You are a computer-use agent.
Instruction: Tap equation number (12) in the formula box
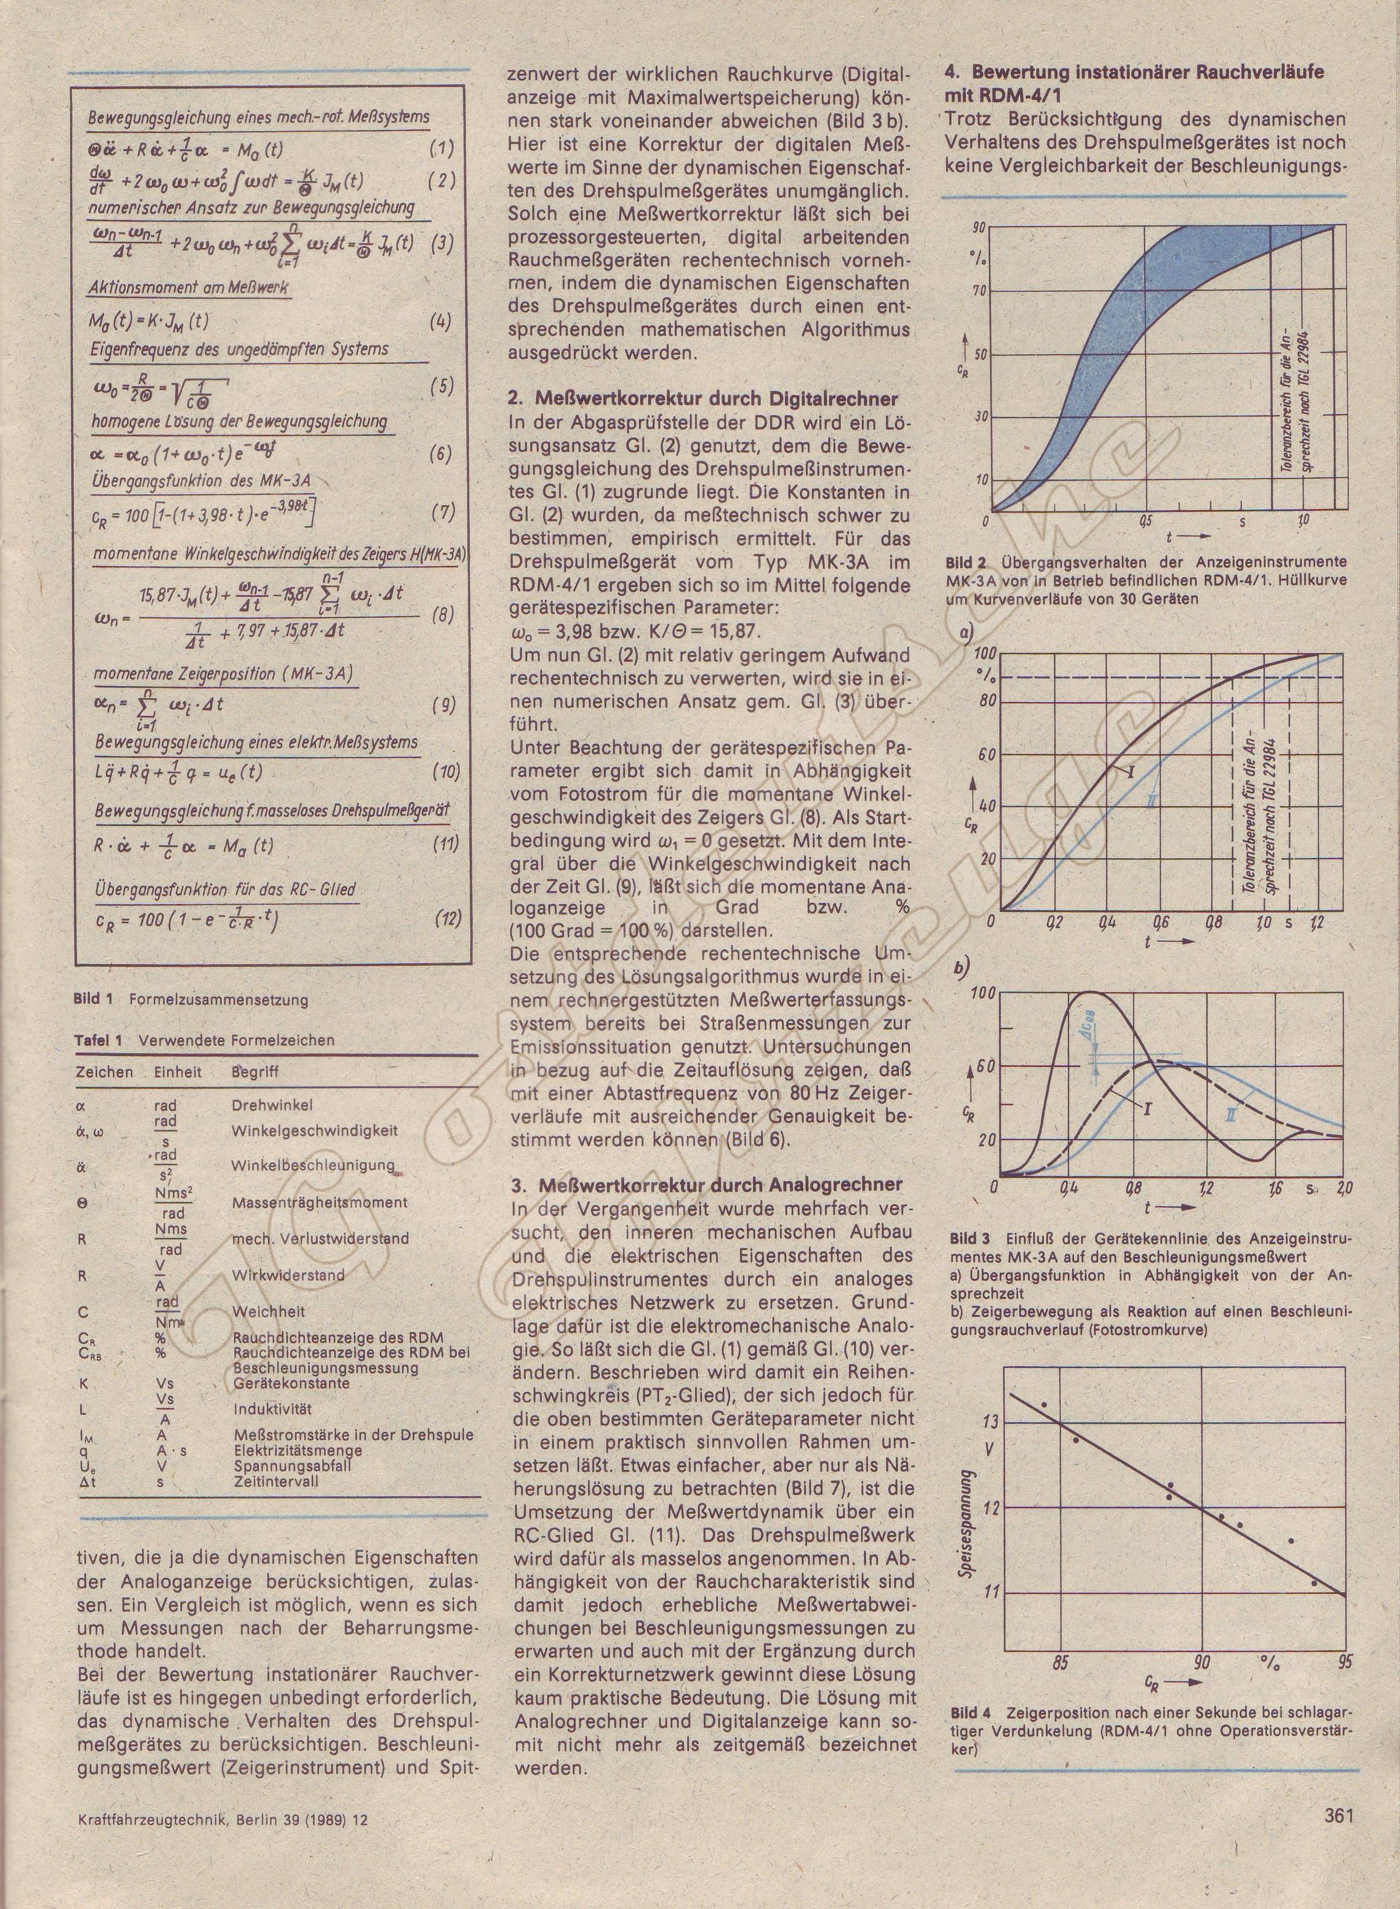[448, 919]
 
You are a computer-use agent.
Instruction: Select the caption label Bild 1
[93, 999]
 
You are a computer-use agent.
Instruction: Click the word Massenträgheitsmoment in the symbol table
[319, 1202]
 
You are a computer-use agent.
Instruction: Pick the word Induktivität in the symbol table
[272, 1409]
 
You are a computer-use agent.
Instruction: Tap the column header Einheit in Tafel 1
[178, 1072]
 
